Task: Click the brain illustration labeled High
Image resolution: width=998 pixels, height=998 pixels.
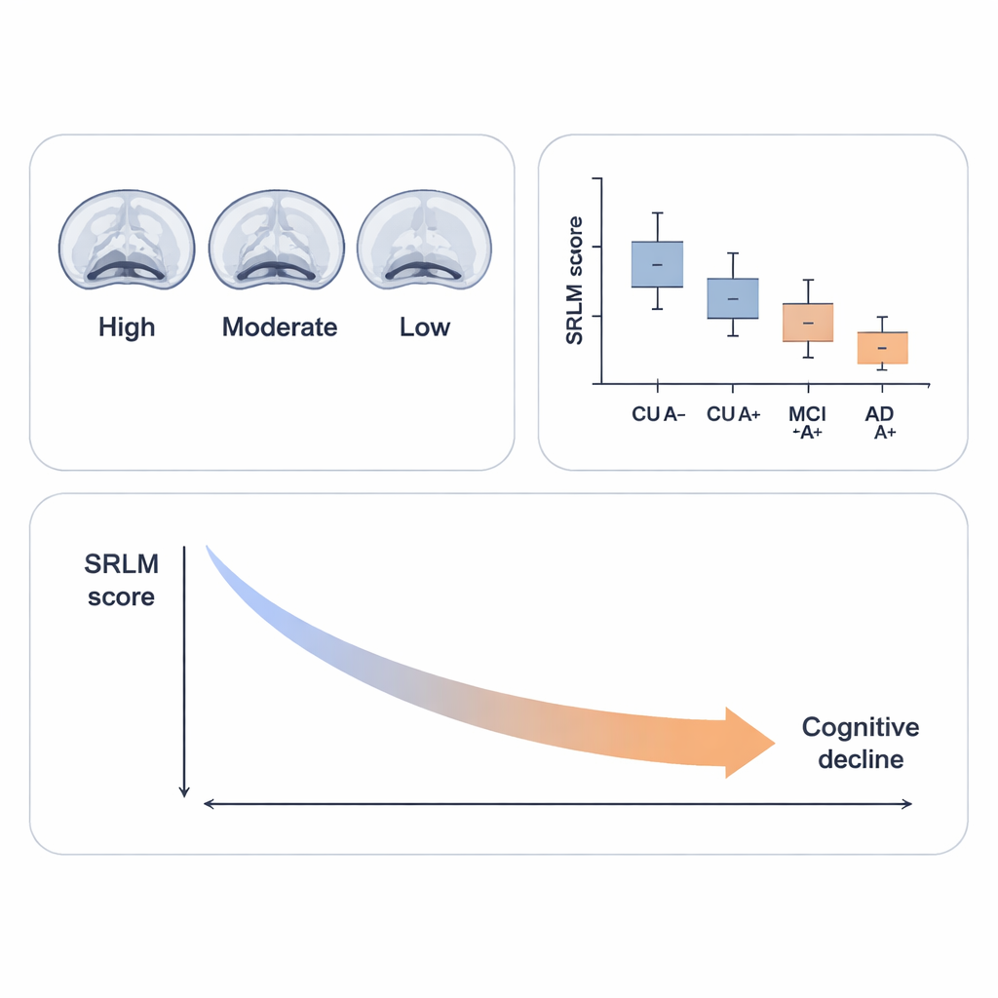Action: [127, 240]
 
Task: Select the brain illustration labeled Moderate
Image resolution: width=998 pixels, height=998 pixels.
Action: [277, 240]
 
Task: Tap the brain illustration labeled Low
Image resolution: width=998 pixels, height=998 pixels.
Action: [424, 240]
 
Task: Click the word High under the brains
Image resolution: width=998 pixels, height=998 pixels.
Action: [127, 326]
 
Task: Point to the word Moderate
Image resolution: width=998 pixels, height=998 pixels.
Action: [280, 326]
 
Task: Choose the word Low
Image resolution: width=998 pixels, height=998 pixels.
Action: [425, 326]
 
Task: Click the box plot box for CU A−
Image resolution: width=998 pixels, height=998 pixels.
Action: [658, 264]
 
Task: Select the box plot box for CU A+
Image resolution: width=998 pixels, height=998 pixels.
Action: [732, 298]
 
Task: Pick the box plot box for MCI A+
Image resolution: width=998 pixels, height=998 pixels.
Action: [809, 323]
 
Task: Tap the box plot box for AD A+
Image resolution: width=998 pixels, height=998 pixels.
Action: [883, 348]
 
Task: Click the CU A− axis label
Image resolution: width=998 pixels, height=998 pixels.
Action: [659, 414]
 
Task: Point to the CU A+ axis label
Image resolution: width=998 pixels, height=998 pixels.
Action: [734, 414]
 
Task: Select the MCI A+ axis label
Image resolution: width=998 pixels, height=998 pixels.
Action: [808, 423]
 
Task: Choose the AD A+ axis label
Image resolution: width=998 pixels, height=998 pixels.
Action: [881, 423]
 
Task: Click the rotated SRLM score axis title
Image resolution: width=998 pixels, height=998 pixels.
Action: [574, 280]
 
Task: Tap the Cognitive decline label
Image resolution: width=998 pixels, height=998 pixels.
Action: [861, 743]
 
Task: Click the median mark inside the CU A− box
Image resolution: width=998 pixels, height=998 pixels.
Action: [658, 265]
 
